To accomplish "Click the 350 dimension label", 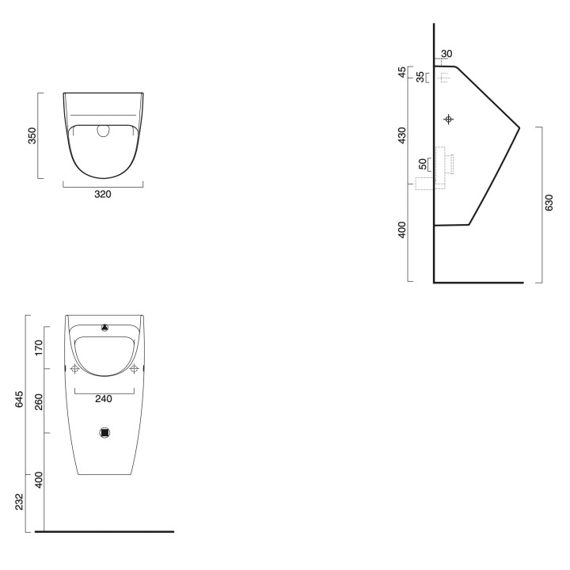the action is coord(32,135).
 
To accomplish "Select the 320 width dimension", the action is coord(103,194).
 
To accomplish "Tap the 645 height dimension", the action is coord(19,399).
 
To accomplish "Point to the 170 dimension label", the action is coord(39,348).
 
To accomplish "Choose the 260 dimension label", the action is coord(39,401).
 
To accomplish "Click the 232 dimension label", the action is coord(19,502).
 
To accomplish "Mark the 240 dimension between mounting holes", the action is coord(104,399).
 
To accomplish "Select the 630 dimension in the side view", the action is coord(549,203).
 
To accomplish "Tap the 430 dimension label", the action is coord(402,135).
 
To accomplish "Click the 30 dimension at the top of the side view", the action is coord(446,54).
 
